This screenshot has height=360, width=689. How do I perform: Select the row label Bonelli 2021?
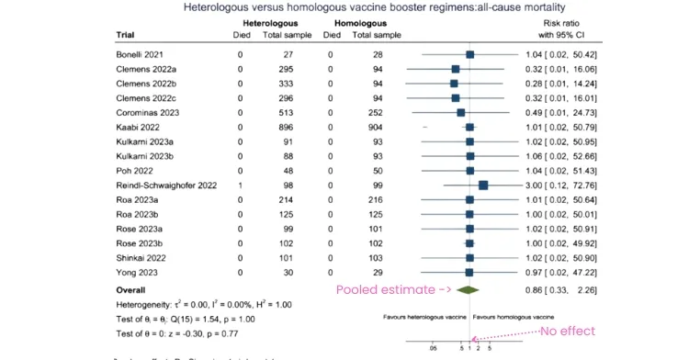141,54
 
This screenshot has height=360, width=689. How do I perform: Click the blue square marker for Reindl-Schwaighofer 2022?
483,185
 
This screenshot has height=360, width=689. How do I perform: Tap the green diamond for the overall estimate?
469,289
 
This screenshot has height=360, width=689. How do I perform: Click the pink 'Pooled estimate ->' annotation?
378,289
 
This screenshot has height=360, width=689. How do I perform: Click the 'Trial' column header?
125,35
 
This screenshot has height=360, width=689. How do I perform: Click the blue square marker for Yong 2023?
469,272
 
